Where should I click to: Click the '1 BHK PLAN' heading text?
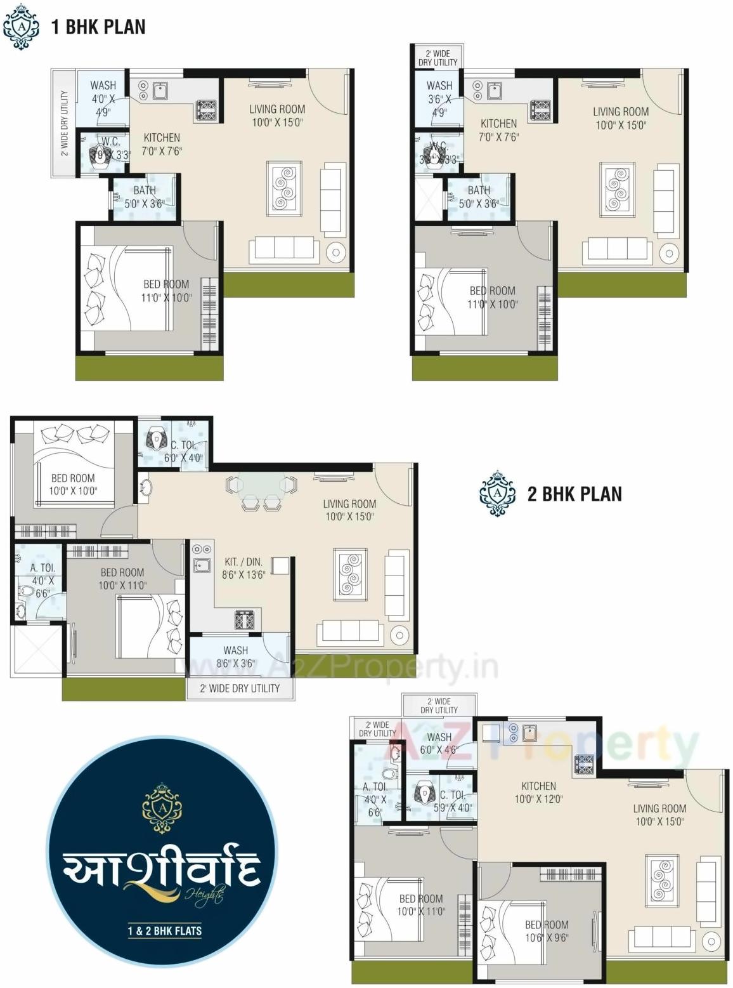[98, 27]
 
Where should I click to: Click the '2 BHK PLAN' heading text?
[574, 494]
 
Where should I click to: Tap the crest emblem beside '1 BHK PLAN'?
[21, 27]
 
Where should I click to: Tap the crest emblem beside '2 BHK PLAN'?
[497, 494]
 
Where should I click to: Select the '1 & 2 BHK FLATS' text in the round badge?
[164, 931]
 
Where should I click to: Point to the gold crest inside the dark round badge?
[162, 808]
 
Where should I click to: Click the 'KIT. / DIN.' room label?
[243, 562]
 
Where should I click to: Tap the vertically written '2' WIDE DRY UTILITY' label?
[64, 123]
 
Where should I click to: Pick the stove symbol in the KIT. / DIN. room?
[245, 619]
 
